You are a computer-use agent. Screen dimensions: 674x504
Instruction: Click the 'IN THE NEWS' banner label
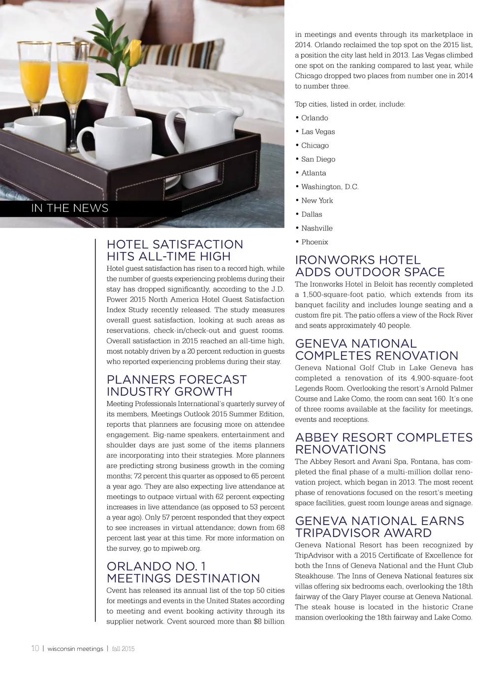pyautogui.click(x=69, y=208)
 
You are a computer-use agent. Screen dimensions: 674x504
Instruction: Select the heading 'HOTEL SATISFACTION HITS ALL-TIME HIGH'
pyautogui.click(x=175, y=250)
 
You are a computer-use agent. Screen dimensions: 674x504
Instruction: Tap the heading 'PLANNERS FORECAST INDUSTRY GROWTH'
pyautogui.click(x=176, y=385)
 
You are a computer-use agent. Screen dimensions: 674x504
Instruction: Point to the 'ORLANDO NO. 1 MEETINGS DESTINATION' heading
pyautogui.click(x=183, y=572)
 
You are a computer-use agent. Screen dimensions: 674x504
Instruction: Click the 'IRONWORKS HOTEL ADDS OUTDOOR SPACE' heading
pyautogui.click(x=370, y=266)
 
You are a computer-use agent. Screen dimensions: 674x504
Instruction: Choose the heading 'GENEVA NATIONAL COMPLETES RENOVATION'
pyautogui.click(x=377, y=350)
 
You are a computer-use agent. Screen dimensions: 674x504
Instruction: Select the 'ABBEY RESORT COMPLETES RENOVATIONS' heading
pyautogui.click(x=383, y=443)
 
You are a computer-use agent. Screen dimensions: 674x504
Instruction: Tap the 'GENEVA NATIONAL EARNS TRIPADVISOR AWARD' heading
pyautogui.click(x=379, y=527)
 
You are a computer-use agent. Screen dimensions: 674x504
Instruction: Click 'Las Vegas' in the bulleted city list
pyautogui.click(x=318, y=132)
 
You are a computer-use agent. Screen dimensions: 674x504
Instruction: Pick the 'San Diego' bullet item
pyautogui.click(x=318, y=159)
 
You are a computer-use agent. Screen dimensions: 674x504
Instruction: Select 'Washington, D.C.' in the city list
pyautogui.click(x=330, y=187)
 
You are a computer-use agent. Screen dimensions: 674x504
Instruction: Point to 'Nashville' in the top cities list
pyautogui.click(x=317, y=228)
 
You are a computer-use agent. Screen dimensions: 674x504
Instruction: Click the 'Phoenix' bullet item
pyautogui.click(x=315, y=242)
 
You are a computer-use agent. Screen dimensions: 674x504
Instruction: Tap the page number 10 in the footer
pyautogui.click(x=35, y=648)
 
